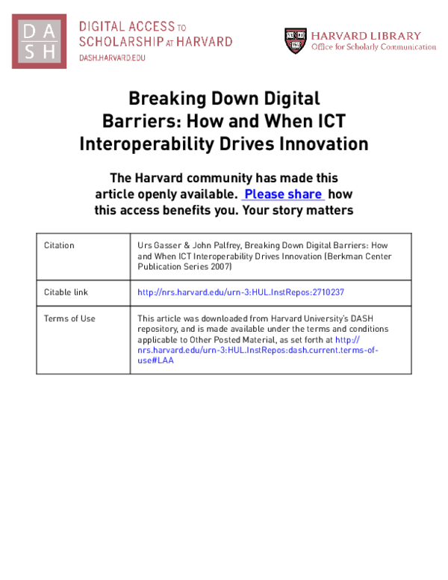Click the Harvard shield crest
click(x=295, y=40)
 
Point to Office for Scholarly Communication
click(x=373, y=47)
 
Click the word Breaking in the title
click(x=161, y=99)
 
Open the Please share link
click(x=284, y=194)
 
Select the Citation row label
click(x=59, y=245)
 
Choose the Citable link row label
click(x=66, y=292)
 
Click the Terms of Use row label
click(x=69, y=318)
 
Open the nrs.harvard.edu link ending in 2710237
click(x=241, y=292)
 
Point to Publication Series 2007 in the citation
click(x=186, y=266)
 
